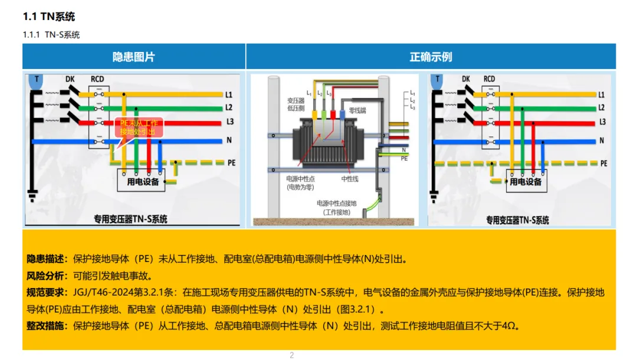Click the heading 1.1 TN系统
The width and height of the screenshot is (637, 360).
[49, 17]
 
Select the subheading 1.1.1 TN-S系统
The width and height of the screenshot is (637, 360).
[51, 35]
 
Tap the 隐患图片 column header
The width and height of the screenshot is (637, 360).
[134, 57]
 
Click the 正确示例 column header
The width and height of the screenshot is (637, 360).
[431, 57]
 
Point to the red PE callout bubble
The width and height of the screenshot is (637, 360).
[139, 127]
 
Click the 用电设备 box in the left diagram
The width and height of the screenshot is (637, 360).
[143, 181]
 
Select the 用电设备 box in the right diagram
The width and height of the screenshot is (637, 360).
[526, 182]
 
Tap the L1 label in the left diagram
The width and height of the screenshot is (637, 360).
[229, 94]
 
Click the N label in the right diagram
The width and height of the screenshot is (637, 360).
[602, 140]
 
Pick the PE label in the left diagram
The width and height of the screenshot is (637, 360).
[231, 162]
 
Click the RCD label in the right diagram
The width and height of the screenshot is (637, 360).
[490, 79]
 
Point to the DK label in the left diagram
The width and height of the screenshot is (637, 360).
[70, 79]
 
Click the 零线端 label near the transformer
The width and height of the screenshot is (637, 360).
[357, 110]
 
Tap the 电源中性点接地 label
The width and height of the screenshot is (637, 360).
[337, 204]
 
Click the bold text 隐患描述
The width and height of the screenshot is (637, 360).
[47, 258]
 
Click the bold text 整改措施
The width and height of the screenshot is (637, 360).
[47, 326]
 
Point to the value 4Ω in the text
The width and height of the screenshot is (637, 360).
[508, 326]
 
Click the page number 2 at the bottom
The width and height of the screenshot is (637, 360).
[291, 355]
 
